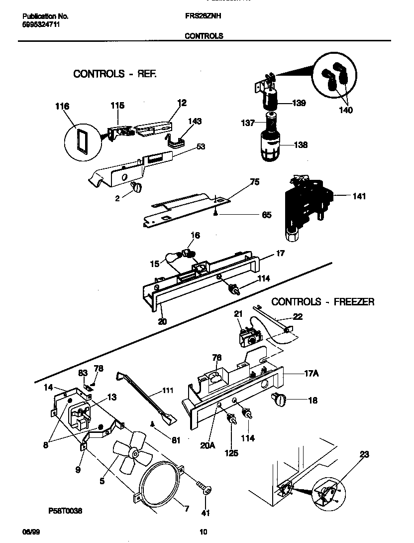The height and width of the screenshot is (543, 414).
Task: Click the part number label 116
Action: tap(62, 106)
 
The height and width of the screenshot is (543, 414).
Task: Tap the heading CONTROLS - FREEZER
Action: tap(322, 302)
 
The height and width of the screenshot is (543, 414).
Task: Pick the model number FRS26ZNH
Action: tap(203, 16)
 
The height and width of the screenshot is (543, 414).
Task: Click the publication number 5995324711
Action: tap(41, 24)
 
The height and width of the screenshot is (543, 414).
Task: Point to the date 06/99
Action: tap(31, 532)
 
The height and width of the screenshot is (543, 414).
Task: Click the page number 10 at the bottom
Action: tap(204, 532)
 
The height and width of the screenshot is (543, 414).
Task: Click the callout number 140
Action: tap(345, 110)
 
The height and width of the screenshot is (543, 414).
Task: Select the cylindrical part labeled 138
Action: tap(272, 145)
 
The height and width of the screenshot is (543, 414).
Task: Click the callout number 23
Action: tap(364, 454)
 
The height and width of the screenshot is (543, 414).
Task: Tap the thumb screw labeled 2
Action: tap(136, 186)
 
